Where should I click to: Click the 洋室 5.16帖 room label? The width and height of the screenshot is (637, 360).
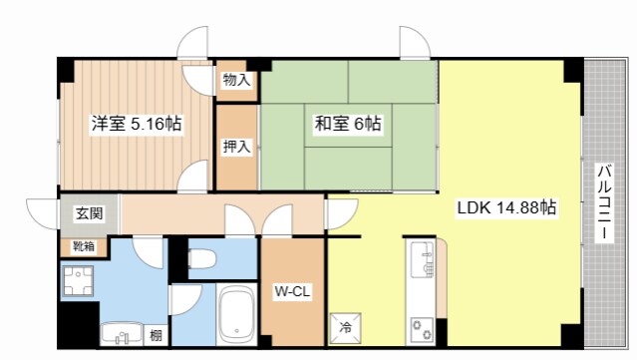point(138,125)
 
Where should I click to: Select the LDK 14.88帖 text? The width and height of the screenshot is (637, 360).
point(505,209)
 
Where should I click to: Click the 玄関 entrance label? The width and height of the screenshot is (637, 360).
point(89,213)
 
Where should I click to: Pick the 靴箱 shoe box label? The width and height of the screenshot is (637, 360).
point(84,246)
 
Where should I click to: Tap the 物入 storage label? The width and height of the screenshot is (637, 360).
point(236,79)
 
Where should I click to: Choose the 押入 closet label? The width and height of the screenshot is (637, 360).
point(236,148)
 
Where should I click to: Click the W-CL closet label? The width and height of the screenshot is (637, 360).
point(292,292)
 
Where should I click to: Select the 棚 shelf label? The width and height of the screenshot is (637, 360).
point(156,334)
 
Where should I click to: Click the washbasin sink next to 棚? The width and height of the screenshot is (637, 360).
point(122,333)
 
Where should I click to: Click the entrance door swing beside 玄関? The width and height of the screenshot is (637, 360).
point(42,213)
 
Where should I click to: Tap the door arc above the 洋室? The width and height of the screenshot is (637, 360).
point(193,44)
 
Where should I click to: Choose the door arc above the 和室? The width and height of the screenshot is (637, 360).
point(415,44)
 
